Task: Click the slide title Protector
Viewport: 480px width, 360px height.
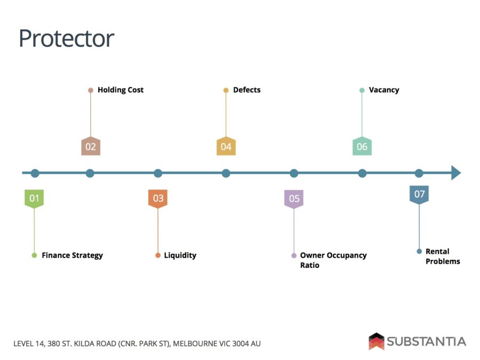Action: (67, 38)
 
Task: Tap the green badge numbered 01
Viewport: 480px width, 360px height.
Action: (34, 199)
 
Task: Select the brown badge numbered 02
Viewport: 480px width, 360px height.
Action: (91, 146)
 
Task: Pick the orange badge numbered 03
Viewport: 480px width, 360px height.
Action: (158, 199)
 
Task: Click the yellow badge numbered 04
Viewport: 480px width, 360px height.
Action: (226, 146)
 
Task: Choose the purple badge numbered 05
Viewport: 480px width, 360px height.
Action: (294, 199)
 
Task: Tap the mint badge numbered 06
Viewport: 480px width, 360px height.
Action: (362, 146)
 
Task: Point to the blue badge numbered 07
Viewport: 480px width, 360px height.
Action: (419, 195)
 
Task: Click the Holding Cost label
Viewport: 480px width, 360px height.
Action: (121, 90)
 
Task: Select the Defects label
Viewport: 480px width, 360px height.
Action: (247, 90)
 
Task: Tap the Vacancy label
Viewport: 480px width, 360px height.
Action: (384, 90)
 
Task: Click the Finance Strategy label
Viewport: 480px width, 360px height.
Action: (72, 255)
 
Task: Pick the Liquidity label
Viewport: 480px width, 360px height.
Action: (180, 255)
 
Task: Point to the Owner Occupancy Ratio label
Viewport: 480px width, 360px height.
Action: (333, 260)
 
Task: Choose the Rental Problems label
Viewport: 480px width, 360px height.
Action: (443, 257)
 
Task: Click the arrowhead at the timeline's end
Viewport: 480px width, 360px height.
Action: (456, 173)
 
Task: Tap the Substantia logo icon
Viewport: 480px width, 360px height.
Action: (376, 341)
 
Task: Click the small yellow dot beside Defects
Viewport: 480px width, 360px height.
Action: (226, 90)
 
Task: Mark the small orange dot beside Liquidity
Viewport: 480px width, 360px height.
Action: (158, 255)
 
